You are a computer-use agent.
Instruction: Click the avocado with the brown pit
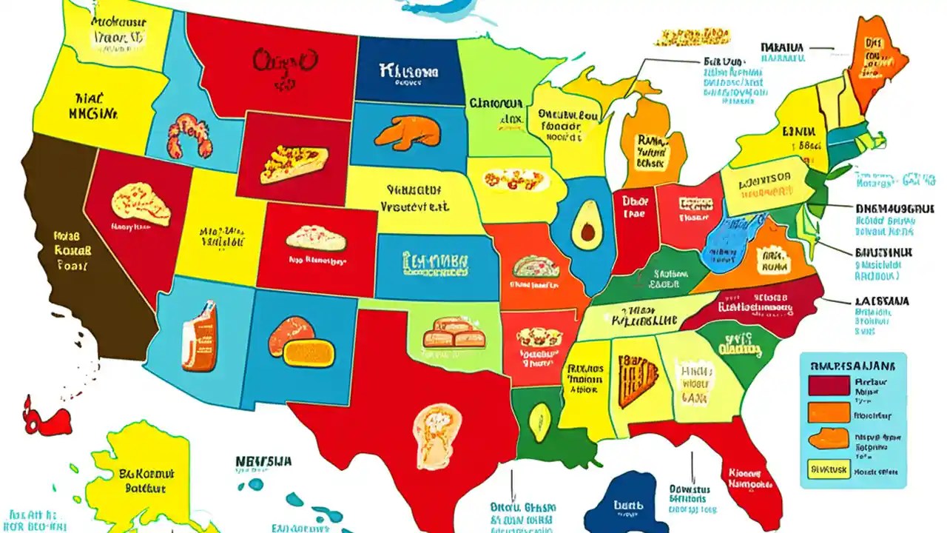[x=585, y=227]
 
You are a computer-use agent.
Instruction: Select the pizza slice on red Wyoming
[x=294, y=164]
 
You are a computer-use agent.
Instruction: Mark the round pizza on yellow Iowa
[x=515, y=179]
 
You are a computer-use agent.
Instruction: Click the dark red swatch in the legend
[x=829, y=385]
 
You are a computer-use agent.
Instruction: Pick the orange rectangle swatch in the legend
[x=829, y=412]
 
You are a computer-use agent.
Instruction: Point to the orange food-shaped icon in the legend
[x=829, y=439]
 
